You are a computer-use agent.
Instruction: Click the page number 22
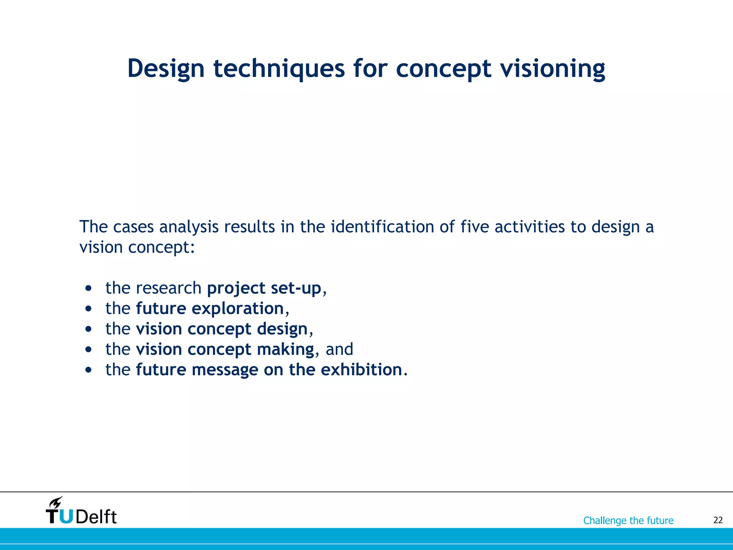(x=718, y=520)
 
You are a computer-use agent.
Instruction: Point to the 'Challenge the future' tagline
(x=628, y=520)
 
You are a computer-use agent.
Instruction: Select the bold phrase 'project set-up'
(x=264, y=288)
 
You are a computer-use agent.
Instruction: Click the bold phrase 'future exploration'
(x=210, y=309)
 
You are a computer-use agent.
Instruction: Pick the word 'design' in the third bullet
(x=282, y=329)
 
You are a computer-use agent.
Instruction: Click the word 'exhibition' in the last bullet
(x=361, y=370)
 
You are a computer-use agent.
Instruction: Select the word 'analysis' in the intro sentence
(x=189, y=227)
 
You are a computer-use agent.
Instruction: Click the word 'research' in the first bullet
(x=169, y=288)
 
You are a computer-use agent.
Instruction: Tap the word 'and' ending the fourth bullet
(x=339, y=349)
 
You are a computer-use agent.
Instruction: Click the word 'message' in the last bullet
(x=225, y=370)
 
